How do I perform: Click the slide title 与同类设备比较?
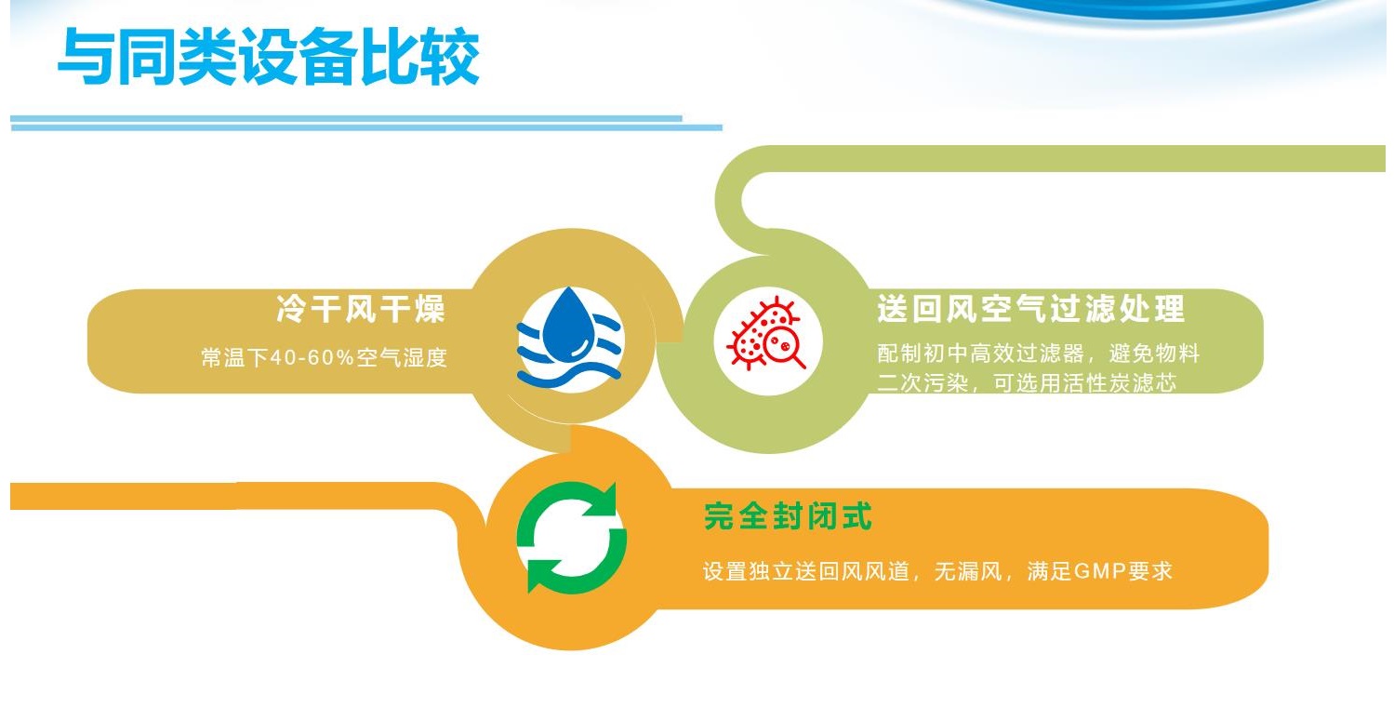pos(268,57)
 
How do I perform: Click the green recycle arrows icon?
pos(571,538)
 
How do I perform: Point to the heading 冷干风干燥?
pos(360,309)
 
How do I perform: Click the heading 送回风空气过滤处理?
pos(1030,308)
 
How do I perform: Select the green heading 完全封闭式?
pos(788,516)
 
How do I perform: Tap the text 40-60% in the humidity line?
pos(312,357)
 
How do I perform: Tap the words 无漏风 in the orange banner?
pos(967,571)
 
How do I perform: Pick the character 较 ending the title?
pos(450,57)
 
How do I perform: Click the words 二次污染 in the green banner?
pos(923,383)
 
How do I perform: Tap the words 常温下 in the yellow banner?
pos(235,357)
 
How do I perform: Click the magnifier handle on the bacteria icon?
pos(797,361)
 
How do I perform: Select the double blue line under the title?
pos(365,123)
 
